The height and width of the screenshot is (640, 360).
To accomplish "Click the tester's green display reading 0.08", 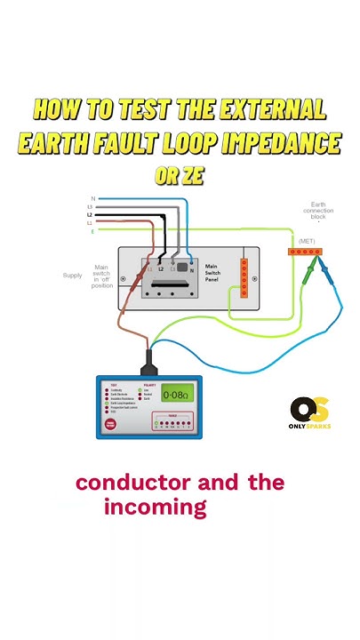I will tap(174, 395).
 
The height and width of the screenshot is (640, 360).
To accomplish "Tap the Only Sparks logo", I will tap(310, 413).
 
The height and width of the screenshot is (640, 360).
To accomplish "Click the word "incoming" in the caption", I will tap(155, 508).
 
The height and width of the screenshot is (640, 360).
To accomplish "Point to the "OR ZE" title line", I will tap(180, 176).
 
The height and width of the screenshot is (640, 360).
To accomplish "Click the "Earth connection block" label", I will tap(318, 215).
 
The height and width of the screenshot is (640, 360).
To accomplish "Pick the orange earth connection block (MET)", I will tap(308, 252).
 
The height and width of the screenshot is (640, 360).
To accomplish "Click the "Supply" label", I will tap(72, 276).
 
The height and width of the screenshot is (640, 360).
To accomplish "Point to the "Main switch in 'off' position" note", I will tap(100, 276).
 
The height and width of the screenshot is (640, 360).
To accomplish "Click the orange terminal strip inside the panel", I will tap(244, 277).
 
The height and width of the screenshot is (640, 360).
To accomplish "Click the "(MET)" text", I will tap(307, 240).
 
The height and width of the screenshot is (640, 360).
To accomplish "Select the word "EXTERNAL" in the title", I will tap(263, 110).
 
